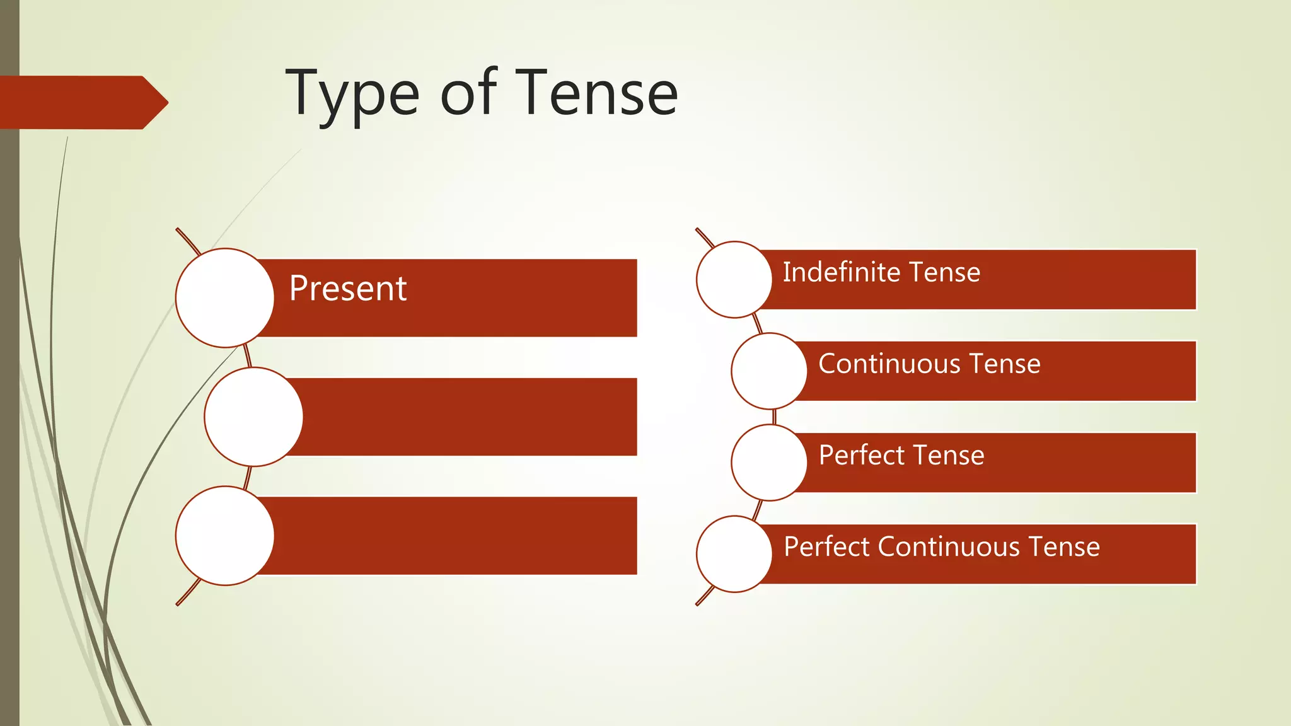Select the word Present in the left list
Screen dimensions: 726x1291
347,289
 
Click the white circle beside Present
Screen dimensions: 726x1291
224,297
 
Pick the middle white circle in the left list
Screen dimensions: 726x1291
253,417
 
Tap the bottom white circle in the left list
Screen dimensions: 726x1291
224,536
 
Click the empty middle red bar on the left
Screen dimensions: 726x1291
466,417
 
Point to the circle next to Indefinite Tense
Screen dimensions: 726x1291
734,279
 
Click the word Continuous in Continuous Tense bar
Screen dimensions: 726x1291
889,364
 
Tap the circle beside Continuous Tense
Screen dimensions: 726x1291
769,371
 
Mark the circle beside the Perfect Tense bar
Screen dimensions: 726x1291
769,463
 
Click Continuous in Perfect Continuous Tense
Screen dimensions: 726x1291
949,546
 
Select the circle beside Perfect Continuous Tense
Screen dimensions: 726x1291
734,554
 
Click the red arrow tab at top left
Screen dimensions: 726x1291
82,102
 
